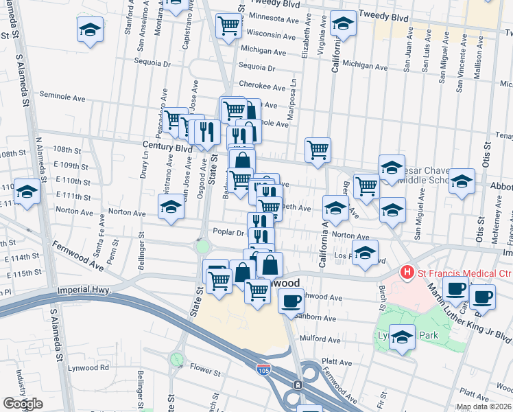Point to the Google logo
pyautogui.click(x=23, y=404)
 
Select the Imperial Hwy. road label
pyautogui.click(x=84, y=290)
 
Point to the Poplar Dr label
pyautogui.click(x=228, y=232)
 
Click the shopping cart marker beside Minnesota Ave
pyautogui.click(x=229, y=26)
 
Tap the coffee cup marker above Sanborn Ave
pyautogui.click(x=291, y=301)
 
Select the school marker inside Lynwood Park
pyautogui.click(x=403, y=337)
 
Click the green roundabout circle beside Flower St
pyautogui.click(x=178, y=358)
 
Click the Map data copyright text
pyautogui.click(x=484, y=407)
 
